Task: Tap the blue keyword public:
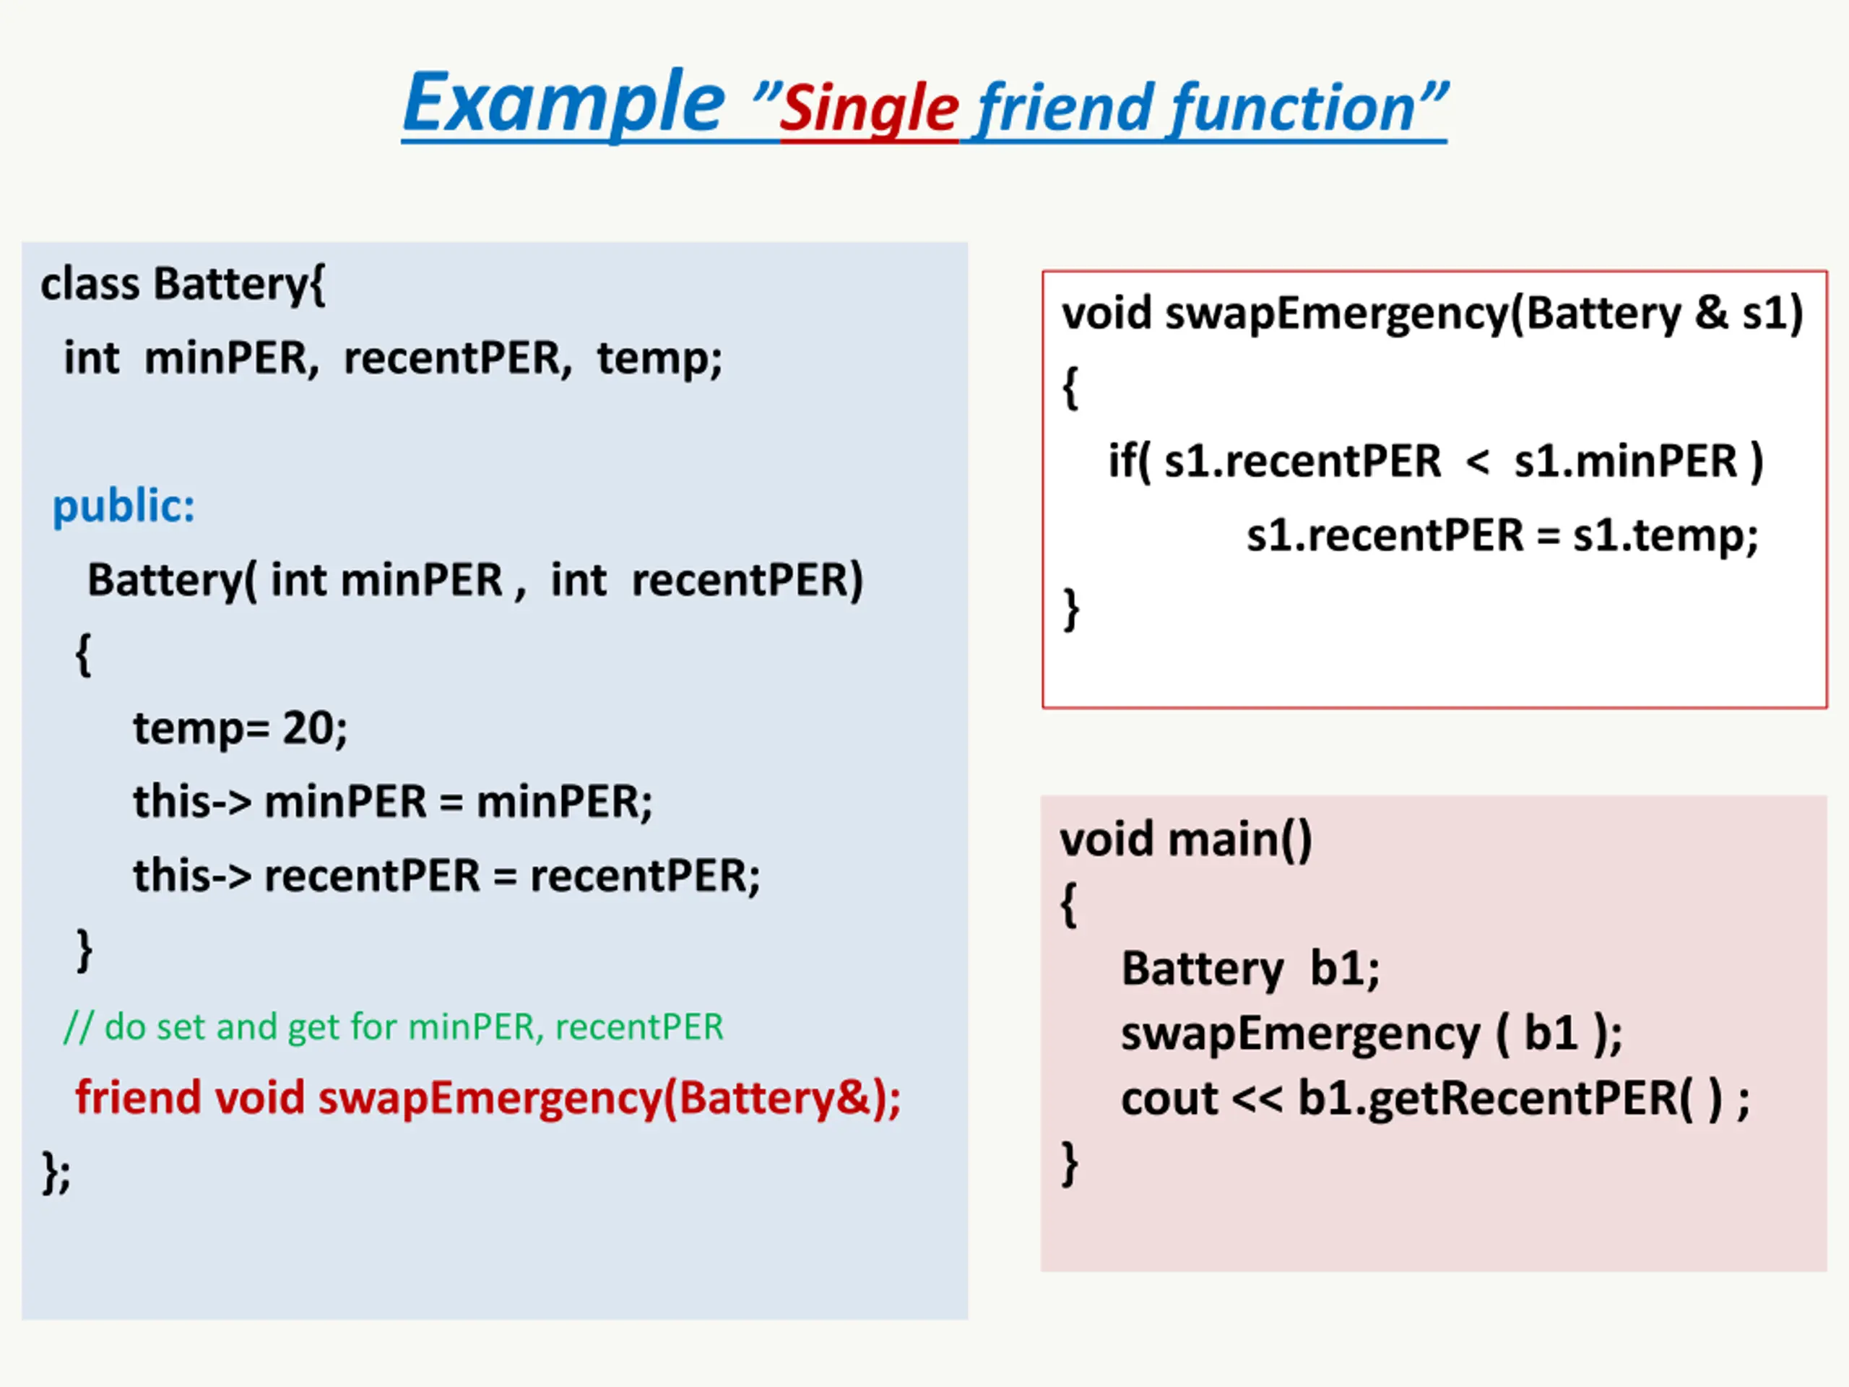124,506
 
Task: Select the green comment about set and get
394,1027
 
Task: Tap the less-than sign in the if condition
1477,462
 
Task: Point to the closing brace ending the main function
1069,1162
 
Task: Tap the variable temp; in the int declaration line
659,358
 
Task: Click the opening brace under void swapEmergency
1070,388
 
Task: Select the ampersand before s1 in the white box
1711,314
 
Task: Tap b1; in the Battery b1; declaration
1344,969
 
